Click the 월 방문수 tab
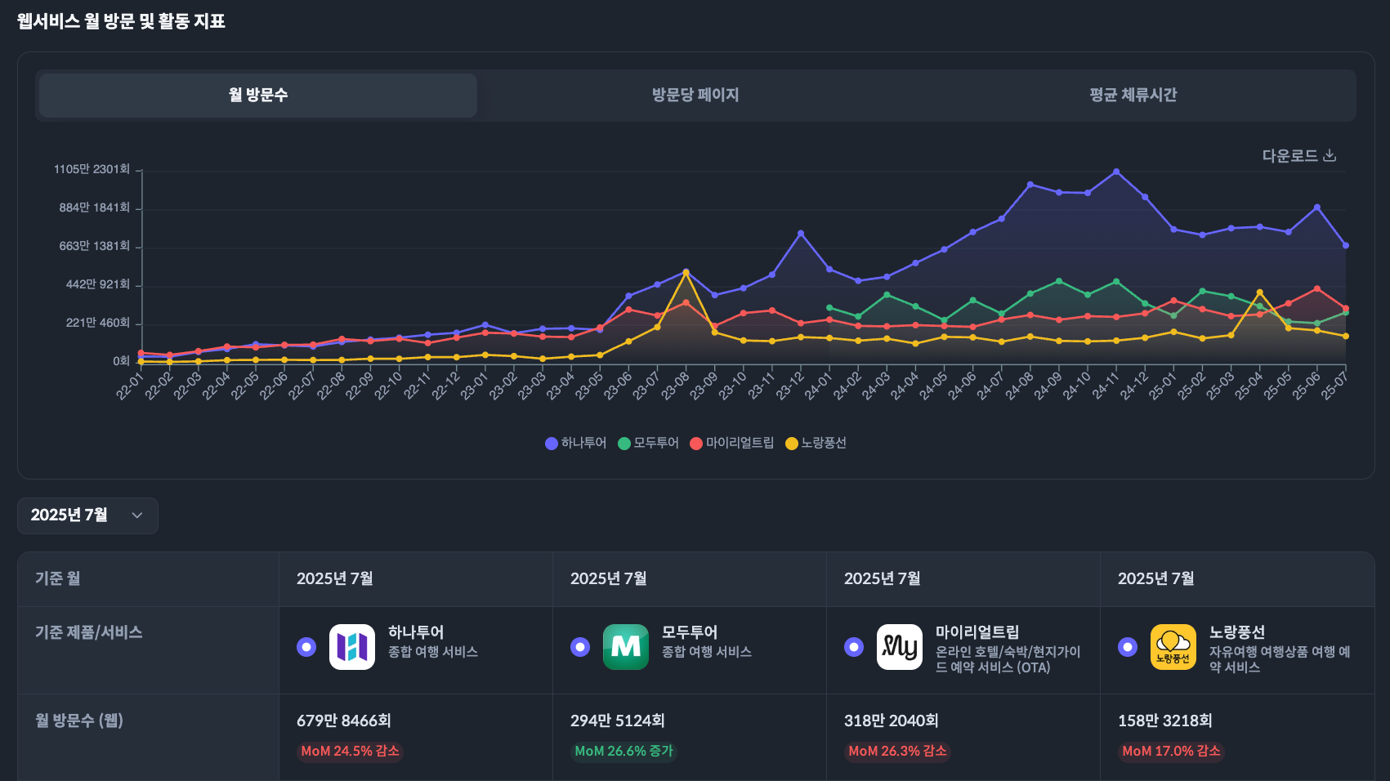click(x=258, y=95)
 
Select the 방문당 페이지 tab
click(x=695, y=95)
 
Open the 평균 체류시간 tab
click(x=1133, y=95)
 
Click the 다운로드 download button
click(x=1298, y=155)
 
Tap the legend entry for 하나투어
click(x=575, y=443)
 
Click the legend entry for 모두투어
click(x=649, y=443)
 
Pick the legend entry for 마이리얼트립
click(x=732, y=443)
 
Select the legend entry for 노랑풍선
click(x=816, y=443)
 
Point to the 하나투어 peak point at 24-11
click(x=1116, y=172)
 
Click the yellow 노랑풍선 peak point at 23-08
click(x=686, y=272)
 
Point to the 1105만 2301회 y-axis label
click(x=92, y=169)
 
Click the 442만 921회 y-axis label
click(x=97, y=284)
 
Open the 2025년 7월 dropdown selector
click(x=87, y=515)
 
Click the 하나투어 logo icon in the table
click(x=352, y=647)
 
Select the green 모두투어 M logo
click(x=626, y=647)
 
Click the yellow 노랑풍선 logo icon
click(x=1173, y=647)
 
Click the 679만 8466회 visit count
click(x=344, y=721)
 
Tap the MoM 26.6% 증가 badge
click(x=623, y=751)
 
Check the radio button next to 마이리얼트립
click(x=854, y=647)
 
